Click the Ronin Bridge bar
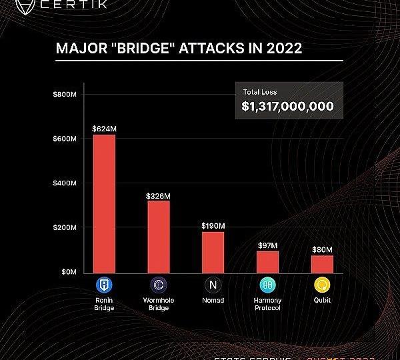(x=104, y=203)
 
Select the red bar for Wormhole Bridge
(x=158, y=236)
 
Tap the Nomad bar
(x=213, y=252)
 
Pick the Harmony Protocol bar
(x=267, y=261)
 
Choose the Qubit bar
(x=322, y=264)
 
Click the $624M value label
(x=104, y=128)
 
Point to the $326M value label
(x=158, y=196)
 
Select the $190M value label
(x=213, y=226)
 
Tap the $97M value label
(x=267, y=245)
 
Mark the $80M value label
(x=322, y=249)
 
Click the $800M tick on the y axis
(x=65, y=95)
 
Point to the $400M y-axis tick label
(x=65, y=183)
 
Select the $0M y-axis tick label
(x=68, y=272)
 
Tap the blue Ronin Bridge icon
(x=104, y=285)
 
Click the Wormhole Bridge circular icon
(x=158, y=285)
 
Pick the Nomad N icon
(x=213, y=285)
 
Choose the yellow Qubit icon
(x=322, y=285)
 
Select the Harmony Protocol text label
(x=267, y=304)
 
